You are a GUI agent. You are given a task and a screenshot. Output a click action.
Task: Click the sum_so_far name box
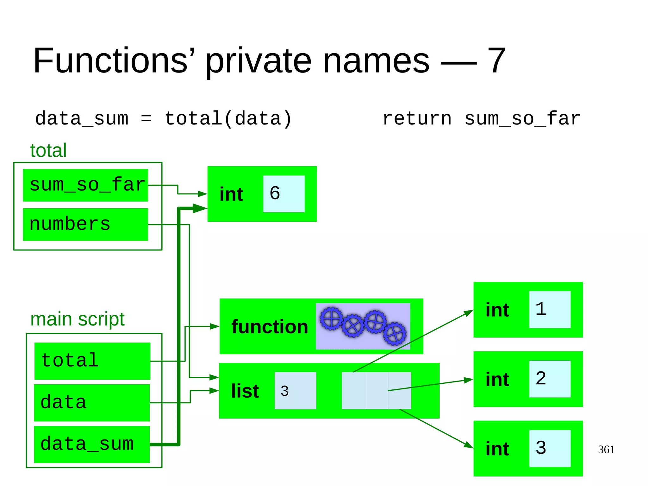(85, 185)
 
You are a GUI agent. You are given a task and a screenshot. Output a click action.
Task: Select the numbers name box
(85, 224)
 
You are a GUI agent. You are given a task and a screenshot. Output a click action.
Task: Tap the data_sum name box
(92, 444)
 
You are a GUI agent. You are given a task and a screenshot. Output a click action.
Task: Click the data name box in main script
(92, 403)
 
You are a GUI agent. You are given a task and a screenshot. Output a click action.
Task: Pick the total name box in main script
(92, 361)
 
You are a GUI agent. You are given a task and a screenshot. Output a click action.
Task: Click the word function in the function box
(270, 327)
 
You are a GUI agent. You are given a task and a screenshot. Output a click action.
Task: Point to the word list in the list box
(245, 391)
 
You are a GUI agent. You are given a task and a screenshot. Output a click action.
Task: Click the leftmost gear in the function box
(331, 318)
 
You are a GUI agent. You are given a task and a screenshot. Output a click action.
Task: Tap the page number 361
(606, 449)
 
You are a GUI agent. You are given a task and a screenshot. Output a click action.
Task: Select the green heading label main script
(78, 319)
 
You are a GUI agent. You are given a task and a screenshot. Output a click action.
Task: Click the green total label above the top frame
(48, 150)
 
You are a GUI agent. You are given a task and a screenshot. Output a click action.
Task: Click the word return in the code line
(417, 119)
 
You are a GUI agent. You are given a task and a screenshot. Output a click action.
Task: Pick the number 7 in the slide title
(496, 60)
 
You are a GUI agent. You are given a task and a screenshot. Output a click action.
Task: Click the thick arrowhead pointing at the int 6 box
(199, 208)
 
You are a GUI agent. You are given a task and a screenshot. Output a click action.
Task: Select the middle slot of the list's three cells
(376, 390)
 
